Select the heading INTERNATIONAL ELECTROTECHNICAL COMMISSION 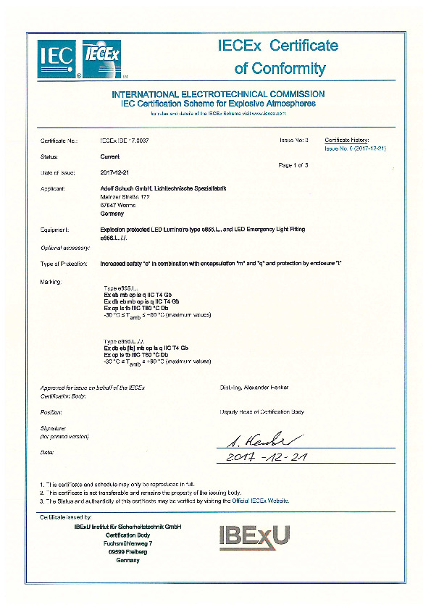217,94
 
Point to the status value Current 109,156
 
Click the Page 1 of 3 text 293,166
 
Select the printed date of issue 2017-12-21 113,172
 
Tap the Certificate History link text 347,139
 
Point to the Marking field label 51,280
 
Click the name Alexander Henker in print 254,388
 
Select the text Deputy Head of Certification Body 261,411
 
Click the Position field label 51,411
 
